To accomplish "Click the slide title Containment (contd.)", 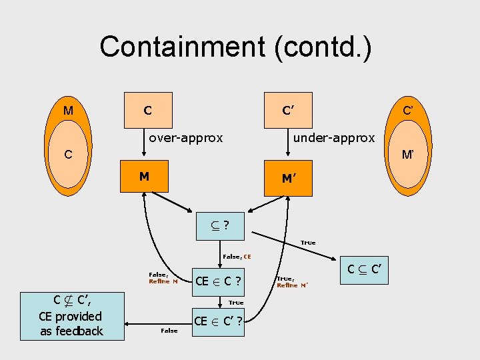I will click(x=236, y=47).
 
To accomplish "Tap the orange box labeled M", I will click(x=144, y=177).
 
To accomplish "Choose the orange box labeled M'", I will click(x=288, y=178).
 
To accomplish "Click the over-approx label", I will click(x=185, y=138).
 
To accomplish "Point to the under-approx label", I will click(x=335, y=138).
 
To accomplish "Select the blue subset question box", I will click(x=219, y=225).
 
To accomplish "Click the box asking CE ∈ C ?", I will click(x=217, y=281).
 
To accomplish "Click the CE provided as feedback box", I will click(x=71, y=316).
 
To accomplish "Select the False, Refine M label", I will click(x=163, y=277).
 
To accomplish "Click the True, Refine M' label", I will click(x=292, y=282).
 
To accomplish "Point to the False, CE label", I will click(x=237, y=256).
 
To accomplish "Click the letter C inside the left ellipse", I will click(x=68, y=155).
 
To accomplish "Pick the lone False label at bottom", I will click(x=169, y=331).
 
